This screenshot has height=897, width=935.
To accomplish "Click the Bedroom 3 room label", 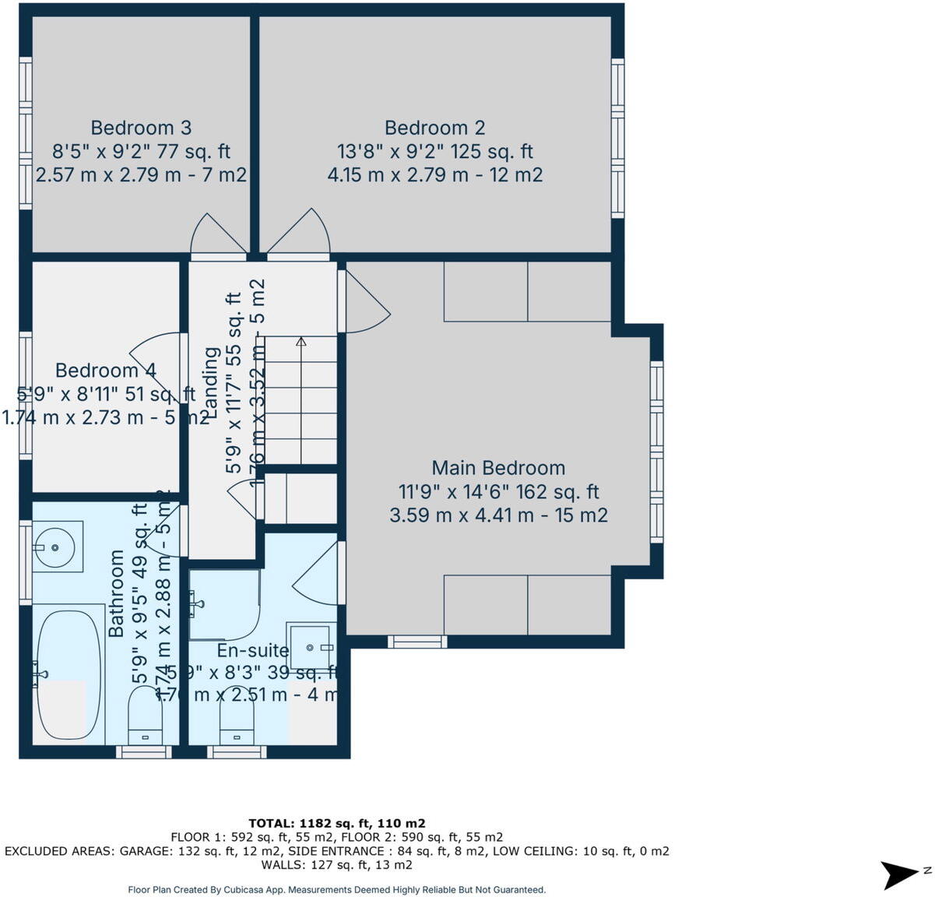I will [141, 128].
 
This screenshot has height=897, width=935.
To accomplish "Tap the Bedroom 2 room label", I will [434, 128].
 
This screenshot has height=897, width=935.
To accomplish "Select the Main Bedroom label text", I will [498, 468].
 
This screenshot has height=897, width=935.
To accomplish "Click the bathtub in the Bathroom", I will [68, 674].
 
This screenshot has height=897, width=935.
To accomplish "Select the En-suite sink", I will [311, 646].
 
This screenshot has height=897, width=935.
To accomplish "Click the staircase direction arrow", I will [301, 342].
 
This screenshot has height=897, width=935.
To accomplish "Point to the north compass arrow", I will [902, 874].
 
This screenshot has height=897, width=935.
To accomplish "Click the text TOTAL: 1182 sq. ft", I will [336, 823].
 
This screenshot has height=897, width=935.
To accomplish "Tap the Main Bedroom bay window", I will [656, 452].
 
